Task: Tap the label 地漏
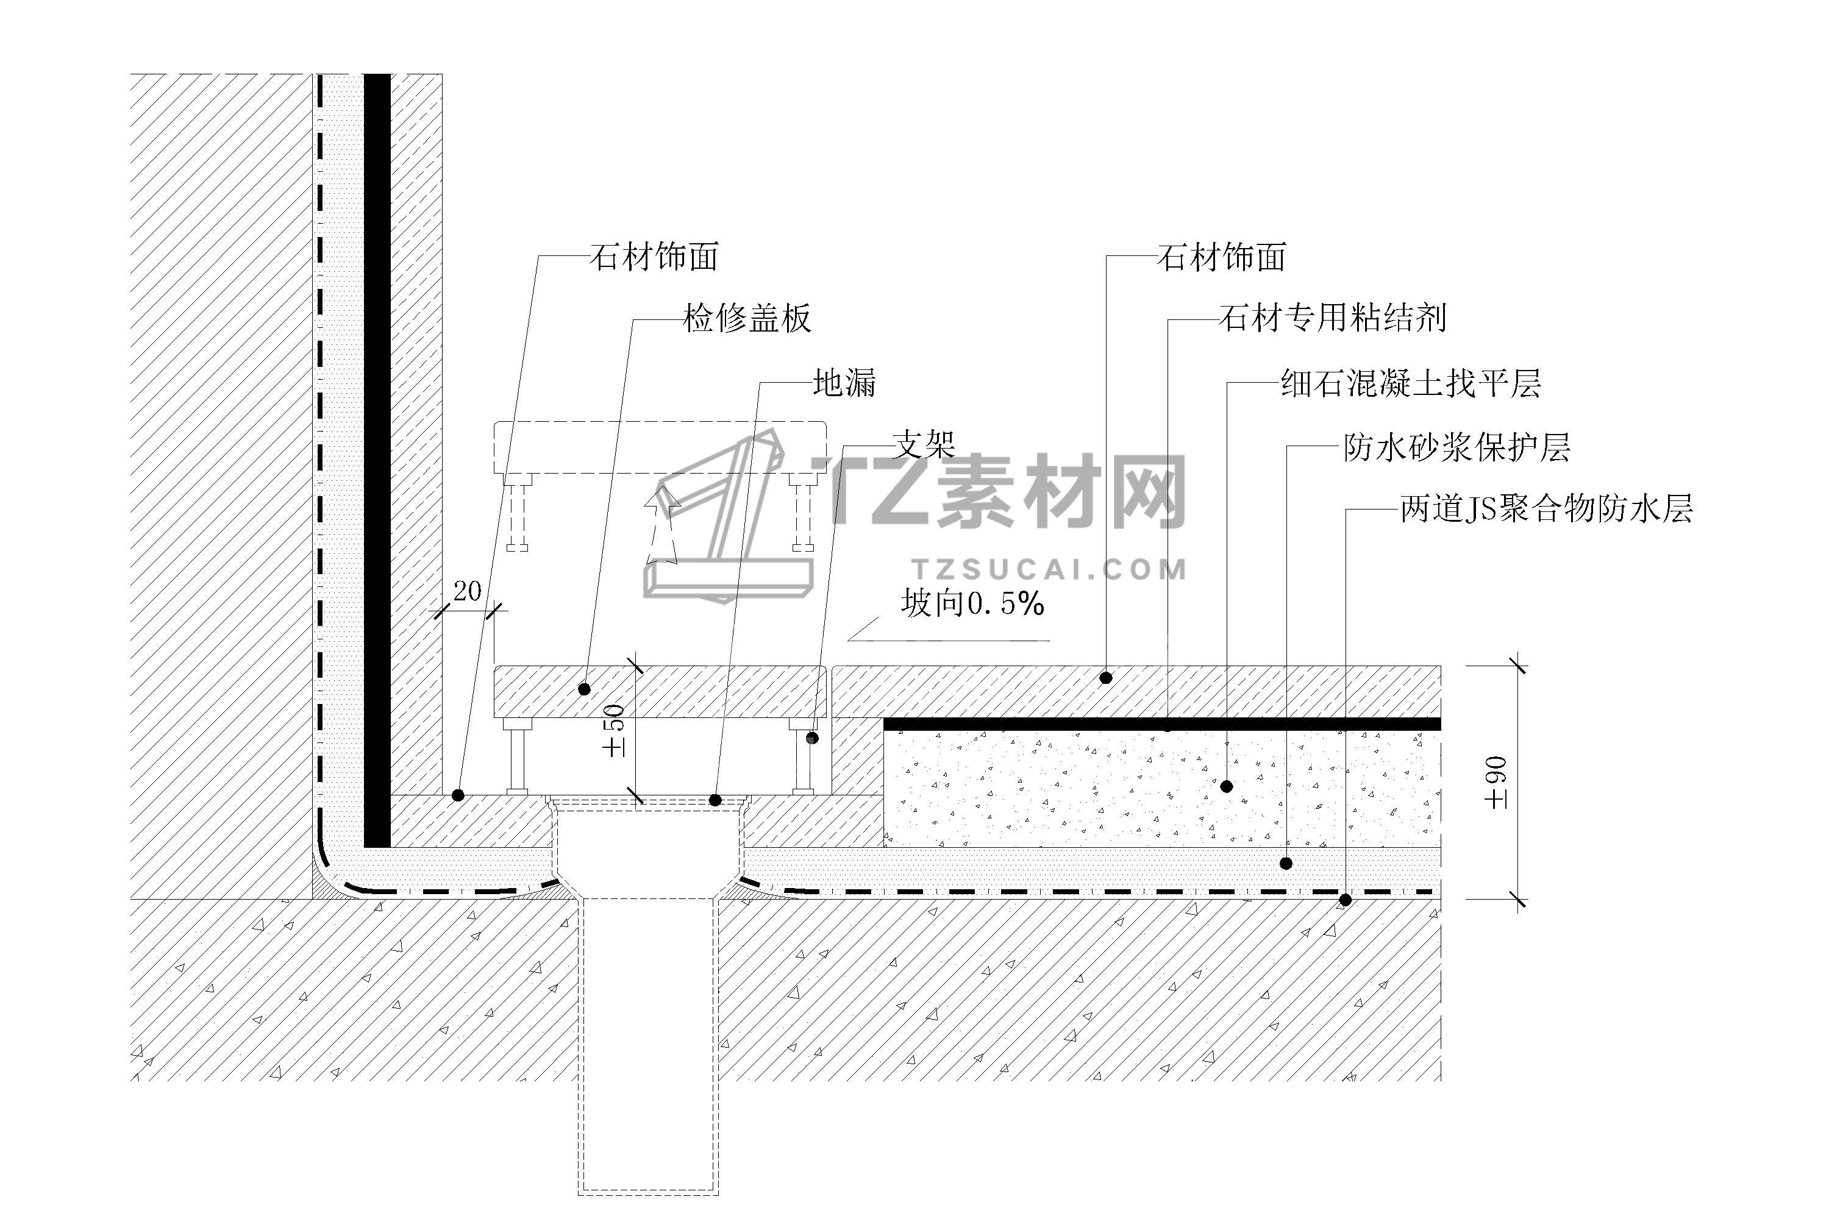[x=844, y=383]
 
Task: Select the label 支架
[x=924, y=446]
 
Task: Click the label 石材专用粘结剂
[x=1332, y=319]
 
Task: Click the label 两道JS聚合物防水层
[x=1546, y=510]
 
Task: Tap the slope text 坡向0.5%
[x=972, y=604]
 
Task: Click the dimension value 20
[x=468, y=592]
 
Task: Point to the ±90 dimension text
[x=1497, y=782]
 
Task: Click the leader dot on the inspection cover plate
[x=585, y=689]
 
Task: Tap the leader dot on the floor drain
[x=715, y=800]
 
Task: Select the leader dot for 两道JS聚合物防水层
[x=1346, y=900]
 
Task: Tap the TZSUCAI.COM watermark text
[x=1050, y=570]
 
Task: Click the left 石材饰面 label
[x=653, y=257]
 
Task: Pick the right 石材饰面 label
[x=1221, y=257]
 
